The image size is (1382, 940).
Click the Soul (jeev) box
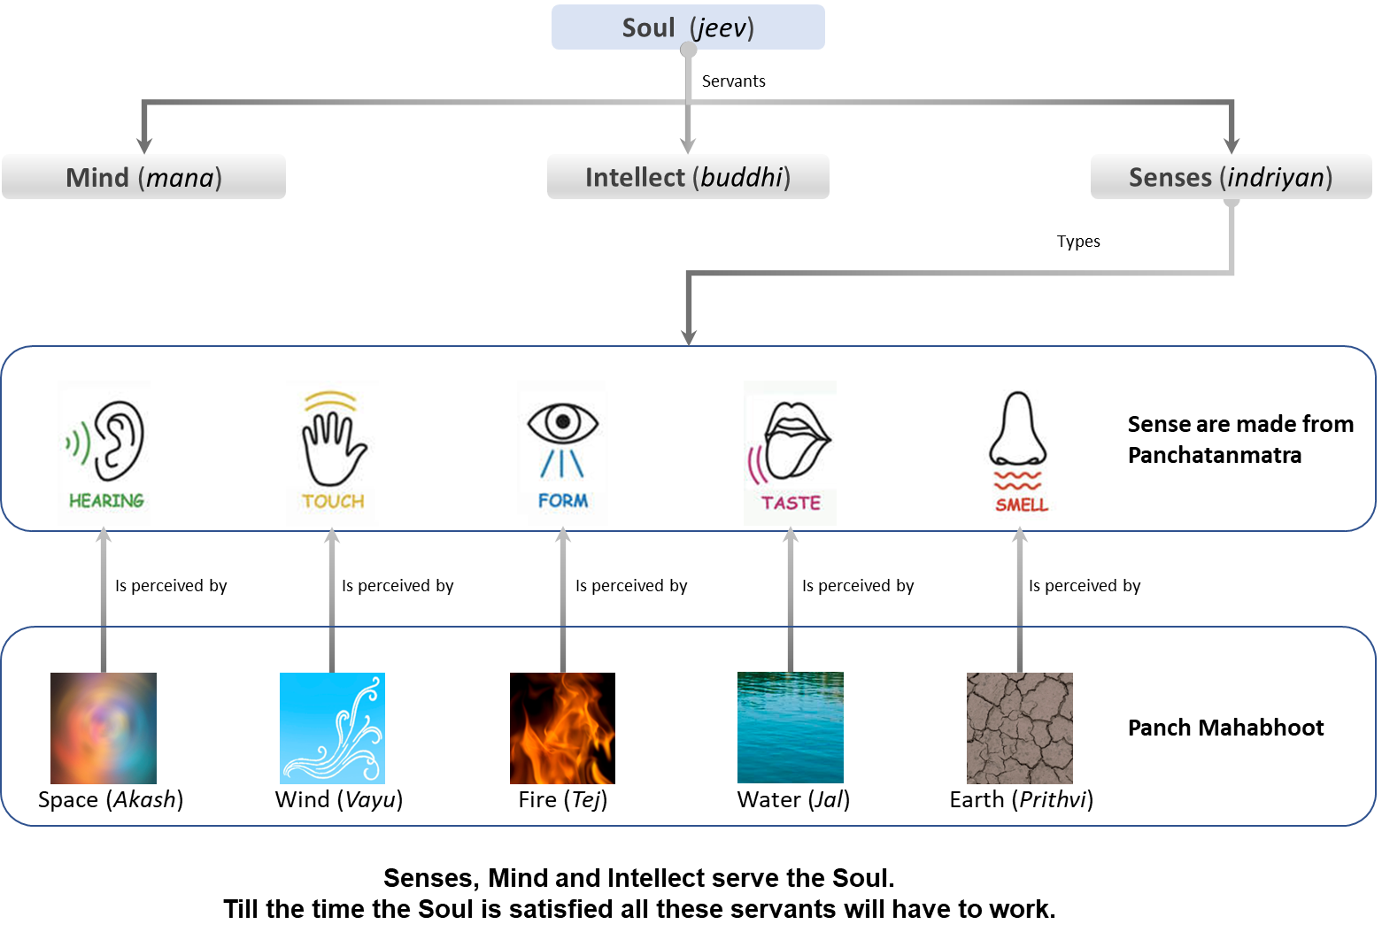[x=688, y=27]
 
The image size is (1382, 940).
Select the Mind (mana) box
[x=143, y=177]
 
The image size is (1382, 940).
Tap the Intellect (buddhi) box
[x=688, y=177]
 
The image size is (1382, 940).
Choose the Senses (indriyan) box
[x=1231, y=177]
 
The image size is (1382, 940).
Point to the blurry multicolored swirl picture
[x=104, y=728]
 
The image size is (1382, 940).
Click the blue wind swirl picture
[x=332, y=728]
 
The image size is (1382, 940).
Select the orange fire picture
[x=562, y=728]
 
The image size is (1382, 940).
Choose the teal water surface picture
[x=790, y=728]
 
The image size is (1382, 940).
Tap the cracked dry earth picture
[x=1019, y=728]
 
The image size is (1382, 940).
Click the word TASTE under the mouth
[x=791, y=503]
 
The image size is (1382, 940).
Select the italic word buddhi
[x=742, y=177]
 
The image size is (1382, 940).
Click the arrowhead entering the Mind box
[x=144, y=145]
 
